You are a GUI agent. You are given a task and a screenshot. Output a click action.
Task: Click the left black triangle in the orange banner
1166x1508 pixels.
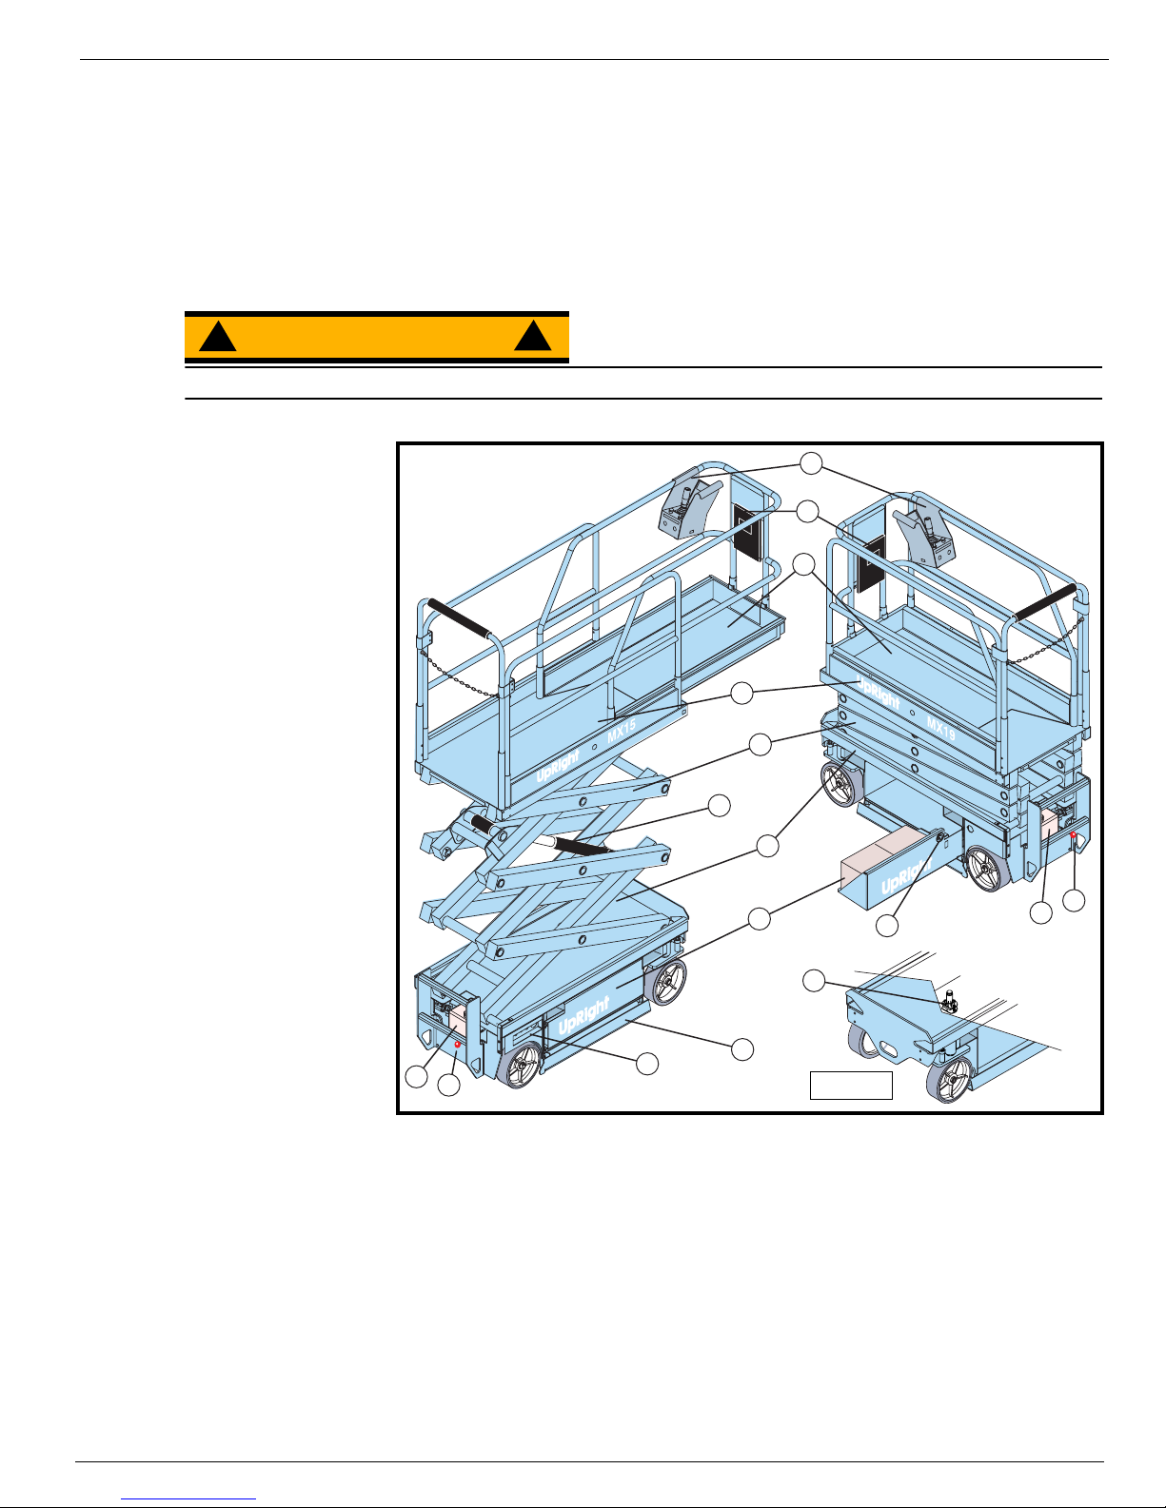pyautogui.click(x=218, y=337)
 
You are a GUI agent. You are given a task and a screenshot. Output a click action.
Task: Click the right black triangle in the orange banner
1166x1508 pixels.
pyautogui.click(x=532, y=336)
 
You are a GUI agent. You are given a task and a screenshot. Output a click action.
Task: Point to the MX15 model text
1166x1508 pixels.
pyautogui.click(x=622, y=733)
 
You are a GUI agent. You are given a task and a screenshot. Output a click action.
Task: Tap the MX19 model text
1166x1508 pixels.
pyautogui.click(x=941, y=730)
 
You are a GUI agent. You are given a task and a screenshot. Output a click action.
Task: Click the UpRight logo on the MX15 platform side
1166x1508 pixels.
pyautogui.click(x=558, y=766)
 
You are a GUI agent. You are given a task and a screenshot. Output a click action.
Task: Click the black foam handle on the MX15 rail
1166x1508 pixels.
pyautogui.click(x=459, y=619)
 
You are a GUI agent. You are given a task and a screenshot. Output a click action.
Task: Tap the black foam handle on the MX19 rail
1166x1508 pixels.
pyautogui.click(x=1046, y=602)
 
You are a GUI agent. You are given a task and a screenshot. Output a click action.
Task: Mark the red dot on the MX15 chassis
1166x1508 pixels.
pyautogui.click(x=457, y=1045)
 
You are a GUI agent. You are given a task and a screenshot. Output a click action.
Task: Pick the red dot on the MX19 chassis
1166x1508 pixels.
pyautogui.click(x=1073, y=834)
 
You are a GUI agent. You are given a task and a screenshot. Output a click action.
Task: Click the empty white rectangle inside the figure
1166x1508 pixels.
pyautogui.click(x=851, y=1086)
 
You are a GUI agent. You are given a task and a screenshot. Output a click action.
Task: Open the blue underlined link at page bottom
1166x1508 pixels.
pyautogui.click(x=188, y=1498)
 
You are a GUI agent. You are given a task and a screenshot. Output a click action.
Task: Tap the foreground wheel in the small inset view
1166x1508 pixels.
pyautogui.click(x=950, y=1080)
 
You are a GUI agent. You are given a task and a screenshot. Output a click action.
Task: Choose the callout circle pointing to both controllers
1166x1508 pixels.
pyautogui.click(x=811, y=463)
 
